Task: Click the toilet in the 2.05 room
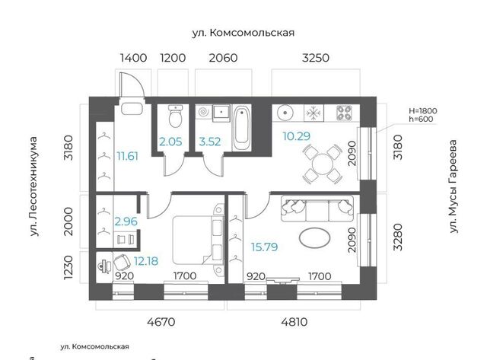176,116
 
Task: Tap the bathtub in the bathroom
242,129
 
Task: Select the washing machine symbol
204,112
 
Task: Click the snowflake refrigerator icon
314,113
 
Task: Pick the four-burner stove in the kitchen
344,113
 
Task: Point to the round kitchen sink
285,113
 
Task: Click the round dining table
323,164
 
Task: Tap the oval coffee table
314,238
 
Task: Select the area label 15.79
264,247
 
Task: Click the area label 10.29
297,136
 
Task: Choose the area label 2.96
126,221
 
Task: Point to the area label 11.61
127,156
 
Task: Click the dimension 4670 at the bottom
161,322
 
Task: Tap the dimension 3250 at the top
316,58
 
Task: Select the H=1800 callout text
423,111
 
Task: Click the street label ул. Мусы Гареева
454,186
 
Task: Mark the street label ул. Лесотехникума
33,186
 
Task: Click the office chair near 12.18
122,263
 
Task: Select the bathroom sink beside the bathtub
221,113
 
